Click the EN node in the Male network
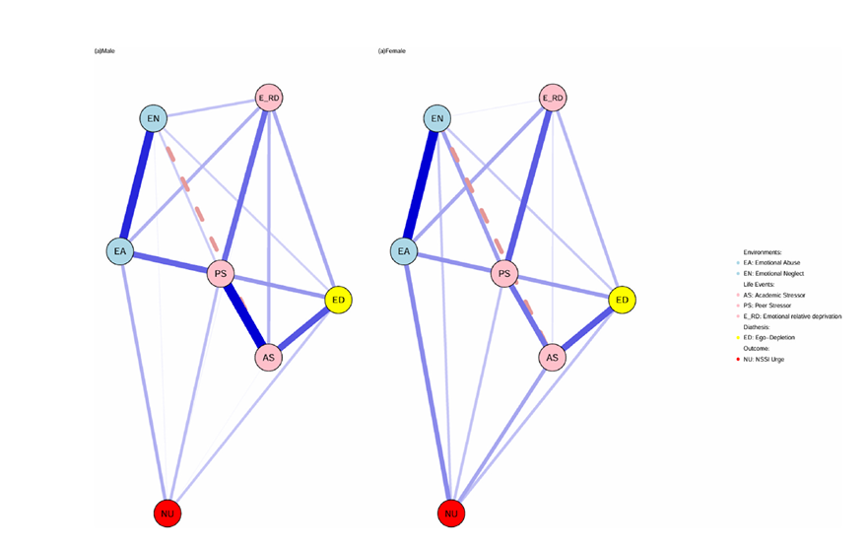tap(153, 119)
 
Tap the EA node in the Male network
tap(120, 251)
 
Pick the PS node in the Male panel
tap(221, 274)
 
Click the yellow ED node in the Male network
tap(337, 300)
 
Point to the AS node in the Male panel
tap(268, 357)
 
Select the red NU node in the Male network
tap(167, 513)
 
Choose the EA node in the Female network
tap(404, 251)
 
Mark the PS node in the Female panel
tap(505, 274)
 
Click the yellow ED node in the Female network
tap(622, 300)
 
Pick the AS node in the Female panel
tap(553, 357)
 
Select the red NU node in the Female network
tap(451, 513)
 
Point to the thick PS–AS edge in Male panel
tap(244, 315)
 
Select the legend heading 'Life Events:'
tap(759, 284)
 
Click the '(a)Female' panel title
tap(392, 51)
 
